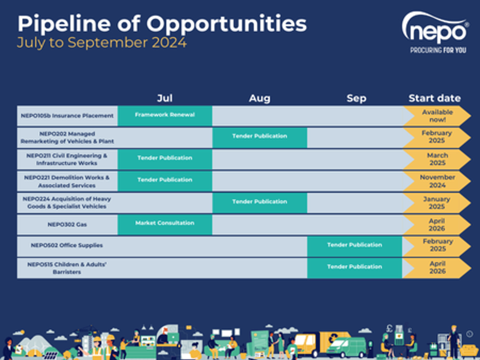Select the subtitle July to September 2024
pos(102,43)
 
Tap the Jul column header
pos(165,98)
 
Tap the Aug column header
pos(259,98)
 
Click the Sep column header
pos(356,98)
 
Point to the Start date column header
pos(434,98)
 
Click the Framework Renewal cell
pos(165,115)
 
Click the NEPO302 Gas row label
pos(67,224)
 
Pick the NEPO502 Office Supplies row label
pos(67,245)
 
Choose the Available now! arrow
pos(437,116)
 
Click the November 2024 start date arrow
pos(437,181)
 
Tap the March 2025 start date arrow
pos(437,159)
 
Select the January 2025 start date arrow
pos(436,203)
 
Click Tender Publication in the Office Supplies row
pos(354,245)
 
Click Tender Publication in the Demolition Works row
pos(165,180)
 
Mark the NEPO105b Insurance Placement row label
pos(67,116)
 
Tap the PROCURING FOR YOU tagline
pos(438,50)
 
